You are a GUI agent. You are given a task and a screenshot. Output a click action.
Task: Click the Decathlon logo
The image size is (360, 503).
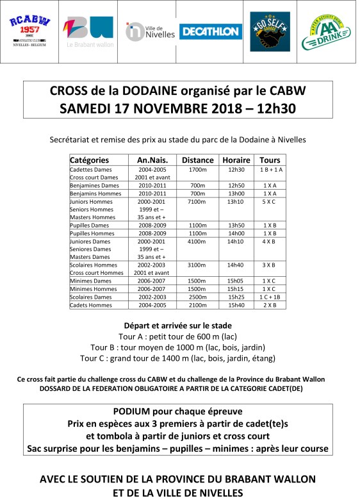[x=209, y=31]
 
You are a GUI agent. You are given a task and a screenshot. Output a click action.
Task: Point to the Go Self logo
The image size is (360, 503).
[x=270, y=31]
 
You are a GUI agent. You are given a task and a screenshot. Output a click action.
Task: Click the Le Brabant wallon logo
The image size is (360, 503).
[x=87, y=31]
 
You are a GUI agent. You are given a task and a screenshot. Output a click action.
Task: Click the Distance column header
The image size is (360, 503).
[x=197, y=160]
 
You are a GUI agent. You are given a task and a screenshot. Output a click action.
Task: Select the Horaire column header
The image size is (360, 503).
[x=236, y=160]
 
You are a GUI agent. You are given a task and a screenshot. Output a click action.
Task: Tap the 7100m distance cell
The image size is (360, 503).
[x=197, y=201]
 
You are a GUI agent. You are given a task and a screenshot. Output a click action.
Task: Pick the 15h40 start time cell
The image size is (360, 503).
[x=236, y=305]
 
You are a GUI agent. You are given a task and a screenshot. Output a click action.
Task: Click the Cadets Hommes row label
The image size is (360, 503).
[x=90, y=305]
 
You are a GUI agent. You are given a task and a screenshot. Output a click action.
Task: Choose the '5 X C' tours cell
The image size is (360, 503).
[x=269, y=201]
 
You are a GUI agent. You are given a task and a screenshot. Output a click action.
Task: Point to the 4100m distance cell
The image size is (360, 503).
[x=197, y=242]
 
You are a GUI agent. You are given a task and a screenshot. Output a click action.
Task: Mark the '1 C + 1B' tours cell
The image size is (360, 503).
[x=269, y=297]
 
